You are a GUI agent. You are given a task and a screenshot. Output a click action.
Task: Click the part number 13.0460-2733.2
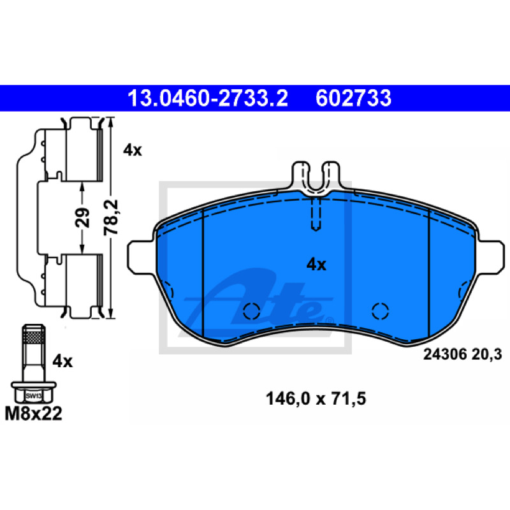click(208, 98)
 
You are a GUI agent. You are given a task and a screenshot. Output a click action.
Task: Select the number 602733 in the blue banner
click(353, 98)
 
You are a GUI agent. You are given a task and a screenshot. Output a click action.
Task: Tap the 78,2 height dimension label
click(111, 217)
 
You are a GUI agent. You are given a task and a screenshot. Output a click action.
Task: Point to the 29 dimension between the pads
click(82, 217)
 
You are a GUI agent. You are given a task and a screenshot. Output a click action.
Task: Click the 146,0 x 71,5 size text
click(316, 399)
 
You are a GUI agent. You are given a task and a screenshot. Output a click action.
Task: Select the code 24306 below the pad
click(445, 354)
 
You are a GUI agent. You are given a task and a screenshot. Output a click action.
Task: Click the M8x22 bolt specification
click(33, 414)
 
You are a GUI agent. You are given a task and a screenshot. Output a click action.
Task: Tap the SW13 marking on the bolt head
click(34, 396)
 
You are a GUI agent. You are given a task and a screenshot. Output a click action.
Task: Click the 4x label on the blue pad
click(316, 265)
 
